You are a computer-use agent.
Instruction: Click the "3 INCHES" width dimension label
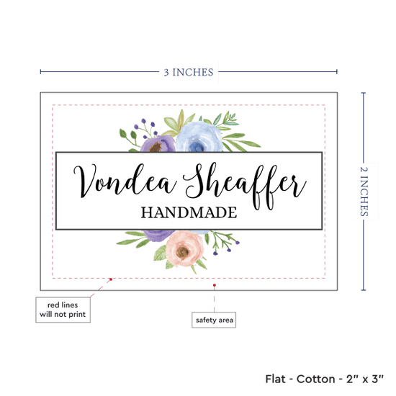click(x=189, y=72)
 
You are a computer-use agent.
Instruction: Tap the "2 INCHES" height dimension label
click(x=364, y=192)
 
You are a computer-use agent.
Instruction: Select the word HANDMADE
click(x=189, y=212)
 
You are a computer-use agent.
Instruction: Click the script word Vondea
click(x=125, y=180)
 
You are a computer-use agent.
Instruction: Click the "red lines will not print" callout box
click(x=63, y=310)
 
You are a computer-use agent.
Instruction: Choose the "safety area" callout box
click(x=214, y=320)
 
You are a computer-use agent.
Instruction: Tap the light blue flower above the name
click(x=199, y=137)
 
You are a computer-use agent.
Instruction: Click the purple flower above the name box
click(x=158, y=144)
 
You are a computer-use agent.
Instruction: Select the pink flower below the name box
click(x=184, y=248)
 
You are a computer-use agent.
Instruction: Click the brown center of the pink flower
click(x=183, y=251)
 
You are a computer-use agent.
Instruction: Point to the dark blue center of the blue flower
click(x=197, y=146)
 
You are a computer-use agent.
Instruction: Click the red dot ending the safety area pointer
click(x=214, y=285)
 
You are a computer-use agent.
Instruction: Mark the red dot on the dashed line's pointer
click(x=111, y=279)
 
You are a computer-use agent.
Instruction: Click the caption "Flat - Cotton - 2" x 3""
click(x=324, y=379)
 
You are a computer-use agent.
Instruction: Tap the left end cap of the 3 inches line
click(x=40, y=72)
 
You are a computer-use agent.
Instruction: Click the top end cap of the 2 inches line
click(x=364, y=93)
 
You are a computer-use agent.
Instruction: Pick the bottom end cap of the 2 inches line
click(x=364, y=290)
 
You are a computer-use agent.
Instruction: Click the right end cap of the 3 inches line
click(x=337, y=72)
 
